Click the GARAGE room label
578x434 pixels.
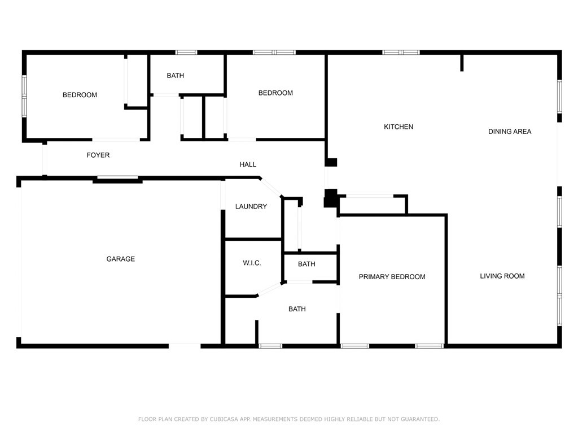121,259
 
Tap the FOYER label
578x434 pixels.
98,155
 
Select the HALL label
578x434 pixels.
248,165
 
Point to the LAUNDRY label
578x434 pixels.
251,207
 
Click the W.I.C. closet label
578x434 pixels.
252,263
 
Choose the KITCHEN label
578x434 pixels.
399,127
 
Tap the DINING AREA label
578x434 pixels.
510,132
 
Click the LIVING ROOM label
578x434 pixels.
502,276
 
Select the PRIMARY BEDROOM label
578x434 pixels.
392,277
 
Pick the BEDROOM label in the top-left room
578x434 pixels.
80,95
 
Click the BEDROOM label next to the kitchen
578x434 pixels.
275,93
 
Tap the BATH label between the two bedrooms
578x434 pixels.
176,76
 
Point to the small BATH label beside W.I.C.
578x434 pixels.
306,264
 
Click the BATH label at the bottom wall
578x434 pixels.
297,309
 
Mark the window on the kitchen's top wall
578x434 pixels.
401,53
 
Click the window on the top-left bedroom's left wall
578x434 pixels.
24,96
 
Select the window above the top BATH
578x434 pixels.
186,53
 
